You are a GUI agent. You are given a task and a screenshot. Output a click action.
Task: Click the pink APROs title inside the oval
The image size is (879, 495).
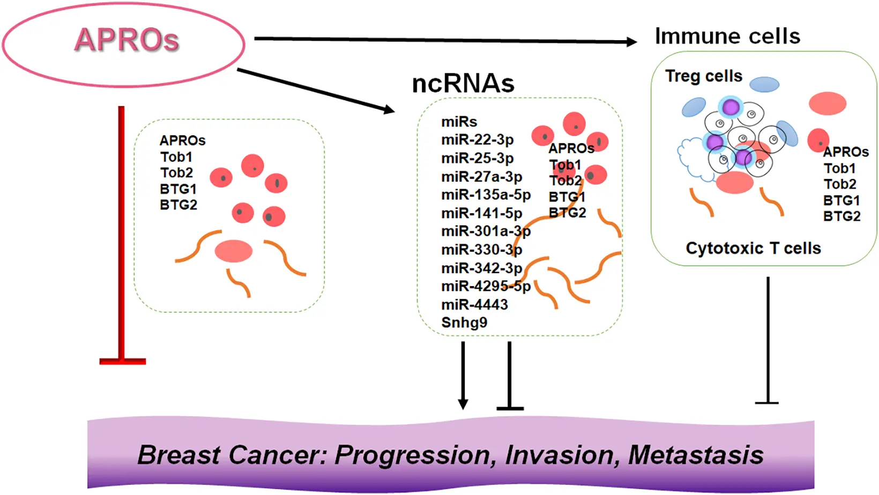pos(126,40)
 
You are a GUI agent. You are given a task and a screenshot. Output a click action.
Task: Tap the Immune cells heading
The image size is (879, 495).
pos(727,36)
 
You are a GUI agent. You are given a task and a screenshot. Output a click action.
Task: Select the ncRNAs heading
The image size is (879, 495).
pos(463,84)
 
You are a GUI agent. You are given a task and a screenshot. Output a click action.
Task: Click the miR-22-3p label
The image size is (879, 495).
pos(477,140)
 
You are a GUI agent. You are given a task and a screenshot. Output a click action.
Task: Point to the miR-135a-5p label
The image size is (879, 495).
pos(486,195)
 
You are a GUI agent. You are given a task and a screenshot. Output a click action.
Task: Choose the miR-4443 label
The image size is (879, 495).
pos(474,305)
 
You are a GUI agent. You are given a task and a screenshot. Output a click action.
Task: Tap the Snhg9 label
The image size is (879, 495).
pos(464,323)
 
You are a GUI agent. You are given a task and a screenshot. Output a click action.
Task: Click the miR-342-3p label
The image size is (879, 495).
pos(481,268)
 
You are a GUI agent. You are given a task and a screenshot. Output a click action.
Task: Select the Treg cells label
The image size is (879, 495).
pos(703,76)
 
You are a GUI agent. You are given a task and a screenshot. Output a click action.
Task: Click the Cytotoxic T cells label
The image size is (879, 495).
pos(753,249)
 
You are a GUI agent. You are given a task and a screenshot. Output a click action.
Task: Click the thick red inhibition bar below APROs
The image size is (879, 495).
pos(122,236)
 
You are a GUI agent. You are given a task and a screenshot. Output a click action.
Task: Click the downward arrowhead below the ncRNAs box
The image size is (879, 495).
pos(463,403)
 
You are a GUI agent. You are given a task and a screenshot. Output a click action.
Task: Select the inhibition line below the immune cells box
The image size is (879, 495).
pos(768,343)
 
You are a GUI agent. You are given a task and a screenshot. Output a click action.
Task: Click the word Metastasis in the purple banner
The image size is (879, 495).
pos(695,455)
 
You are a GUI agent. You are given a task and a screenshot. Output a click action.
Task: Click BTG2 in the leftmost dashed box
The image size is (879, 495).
pos(178,205)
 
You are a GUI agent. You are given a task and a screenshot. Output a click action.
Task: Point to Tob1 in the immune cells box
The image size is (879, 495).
pos(839,169)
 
